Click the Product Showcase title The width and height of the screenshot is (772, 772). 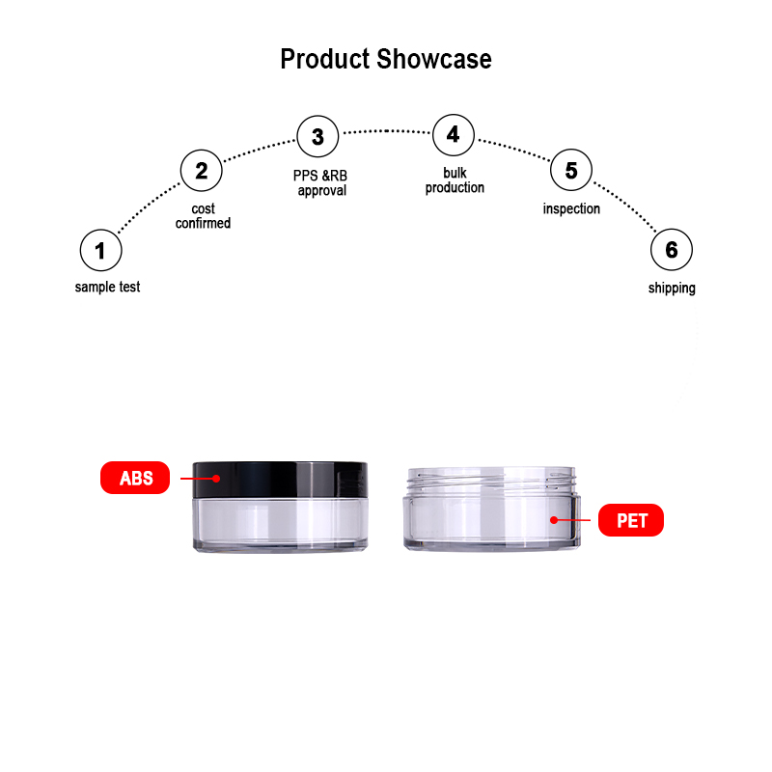(x=386, y=59)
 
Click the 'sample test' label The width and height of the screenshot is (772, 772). (x=107, y=287)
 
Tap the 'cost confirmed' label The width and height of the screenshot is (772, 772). (x=203, y=216)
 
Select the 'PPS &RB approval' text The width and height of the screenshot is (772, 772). (x=320, y=183)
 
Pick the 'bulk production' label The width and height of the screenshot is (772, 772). (x=455, y=180)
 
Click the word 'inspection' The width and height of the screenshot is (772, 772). (x=571, y=209)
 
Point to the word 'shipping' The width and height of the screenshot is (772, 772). (x=672, y=289)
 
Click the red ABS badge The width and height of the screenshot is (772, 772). (x=135, y=478)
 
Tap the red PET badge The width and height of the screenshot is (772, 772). (x=631, y=520)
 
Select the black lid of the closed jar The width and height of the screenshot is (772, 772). (x=280, y=480)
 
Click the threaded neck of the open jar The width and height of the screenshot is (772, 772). (x=491, y=481)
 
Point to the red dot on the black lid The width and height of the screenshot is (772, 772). (x=216, y=478)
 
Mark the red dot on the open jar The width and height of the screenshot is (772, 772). (x=554, y=520)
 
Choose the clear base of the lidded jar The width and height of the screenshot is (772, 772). (x=280, y=525)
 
